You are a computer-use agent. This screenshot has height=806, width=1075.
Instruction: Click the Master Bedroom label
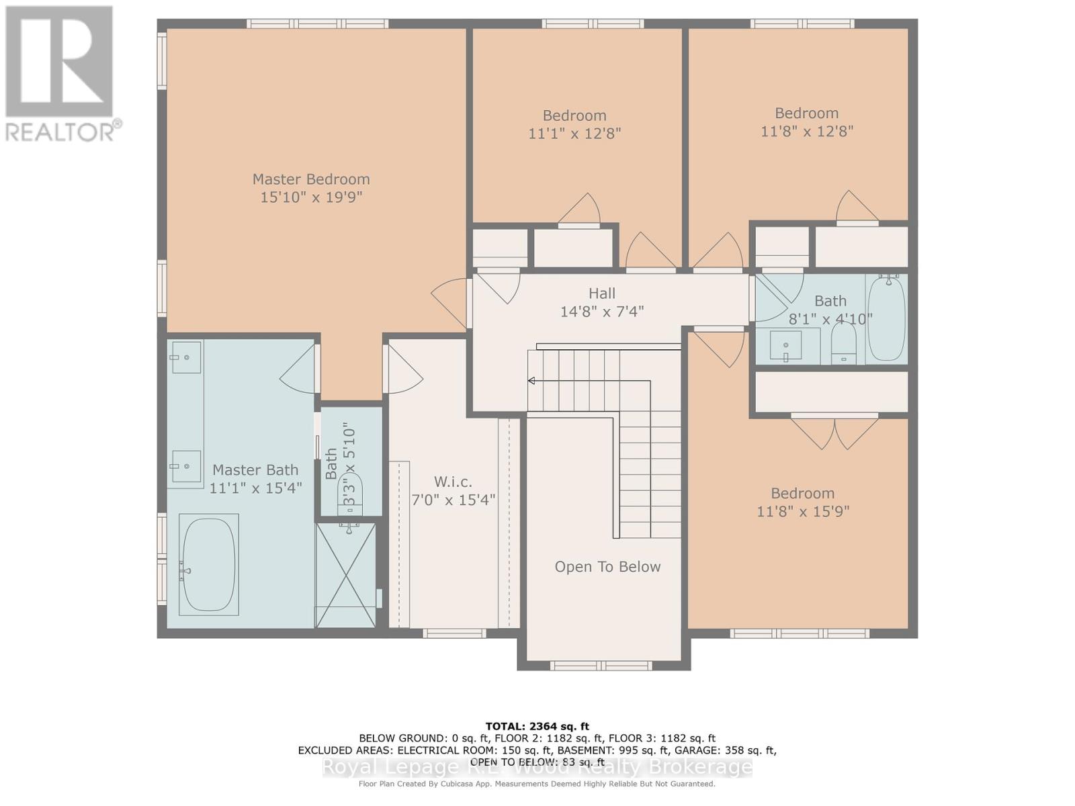311,179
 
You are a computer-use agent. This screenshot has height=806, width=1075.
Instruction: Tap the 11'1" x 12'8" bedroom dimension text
574,134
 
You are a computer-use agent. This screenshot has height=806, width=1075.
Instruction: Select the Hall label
602,294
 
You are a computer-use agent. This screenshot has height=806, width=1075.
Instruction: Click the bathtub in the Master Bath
209,564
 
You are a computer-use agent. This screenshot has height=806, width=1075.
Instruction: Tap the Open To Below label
607,567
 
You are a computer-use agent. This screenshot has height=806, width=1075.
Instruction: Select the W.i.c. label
453,482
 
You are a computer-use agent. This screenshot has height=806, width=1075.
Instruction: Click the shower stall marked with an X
346,576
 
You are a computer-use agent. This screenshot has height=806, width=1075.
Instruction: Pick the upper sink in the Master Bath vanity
185,357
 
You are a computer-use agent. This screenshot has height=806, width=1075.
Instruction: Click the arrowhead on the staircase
531,381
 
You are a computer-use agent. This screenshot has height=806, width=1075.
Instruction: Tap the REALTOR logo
60,74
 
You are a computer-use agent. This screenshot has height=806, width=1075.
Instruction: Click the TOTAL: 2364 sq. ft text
537,726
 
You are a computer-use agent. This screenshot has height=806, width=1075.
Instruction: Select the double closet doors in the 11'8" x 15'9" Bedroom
834,434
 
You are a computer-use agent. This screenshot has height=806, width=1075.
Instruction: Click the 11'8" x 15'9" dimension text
803,512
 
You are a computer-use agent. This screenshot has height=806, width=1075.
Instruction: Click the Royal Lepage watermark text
537,767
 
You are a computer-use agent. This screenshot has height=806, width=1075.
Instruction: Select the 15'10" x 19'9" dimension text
311,197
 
